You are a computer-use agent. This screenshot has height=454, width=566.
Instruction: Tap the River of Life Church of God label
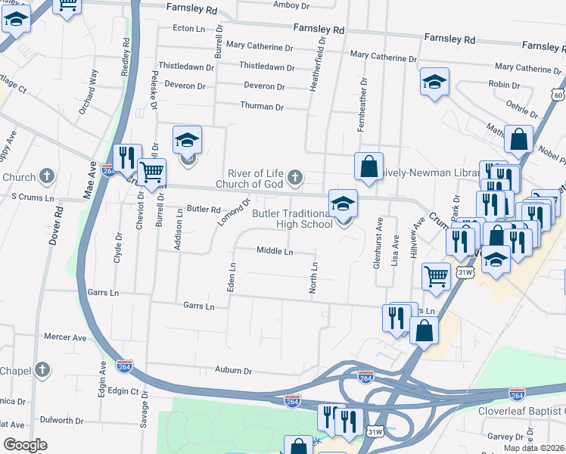point(249,178)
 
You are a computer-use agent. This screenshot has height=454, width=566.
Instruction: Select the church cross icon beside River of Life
point(295,178)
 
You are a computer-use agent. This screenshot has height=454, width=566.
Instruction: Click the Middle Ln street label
point(275,251)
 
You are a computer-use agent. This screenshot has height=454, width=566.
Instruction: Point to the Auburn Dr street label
point(232,371)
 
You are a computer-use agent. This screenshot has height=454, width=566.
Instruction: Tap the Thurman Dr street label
point(262,107)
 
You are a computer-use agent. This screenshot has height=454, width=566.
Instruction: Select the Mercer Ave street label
point(66,337)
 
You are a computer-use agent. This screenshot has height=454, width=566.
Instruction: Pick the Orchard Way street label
point(89,92)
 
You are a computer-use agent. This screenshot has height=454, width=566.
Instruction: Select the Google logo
point(25,445)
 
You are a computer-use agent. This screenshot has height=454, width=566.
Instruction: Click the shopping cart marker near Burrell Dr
point(152,172)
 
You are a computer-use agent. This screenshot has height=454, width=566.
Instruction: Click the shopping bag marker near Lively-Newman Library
point(368,167)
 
